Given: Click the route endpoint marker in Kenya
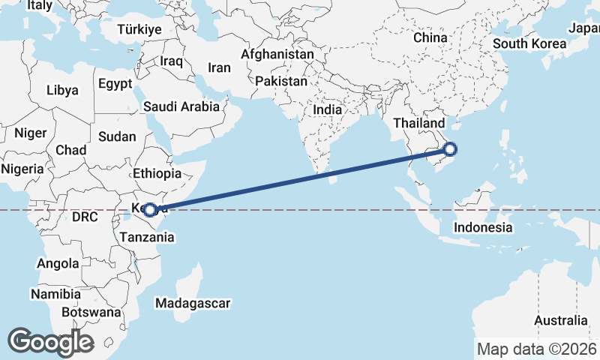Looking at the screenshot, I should coord(151,210).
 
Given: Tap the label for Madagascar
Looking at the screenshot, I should coord(193,303).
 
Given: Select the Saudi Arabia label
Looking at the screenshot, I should coord(182,106).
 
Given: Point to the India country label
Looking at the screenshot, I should coord(327,109).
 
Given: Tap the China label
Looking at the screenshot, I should coord(430,37).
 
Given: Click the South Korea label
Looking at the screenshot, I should coord(529,43).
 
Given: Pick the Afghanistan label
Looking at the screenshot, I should coord(277,55).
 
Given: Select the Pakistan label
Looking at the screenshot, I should coord(281,80).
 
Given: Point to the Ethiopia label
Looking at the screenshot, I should coord(157,173).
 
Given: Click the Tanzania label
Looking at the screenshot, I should coord(148,237).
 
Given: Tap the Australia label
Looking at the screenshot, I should coord(561,320).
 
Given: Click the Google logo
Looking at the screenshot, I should coord(50,341).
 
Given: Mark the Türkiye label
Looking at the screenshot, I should coord(139,29).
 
